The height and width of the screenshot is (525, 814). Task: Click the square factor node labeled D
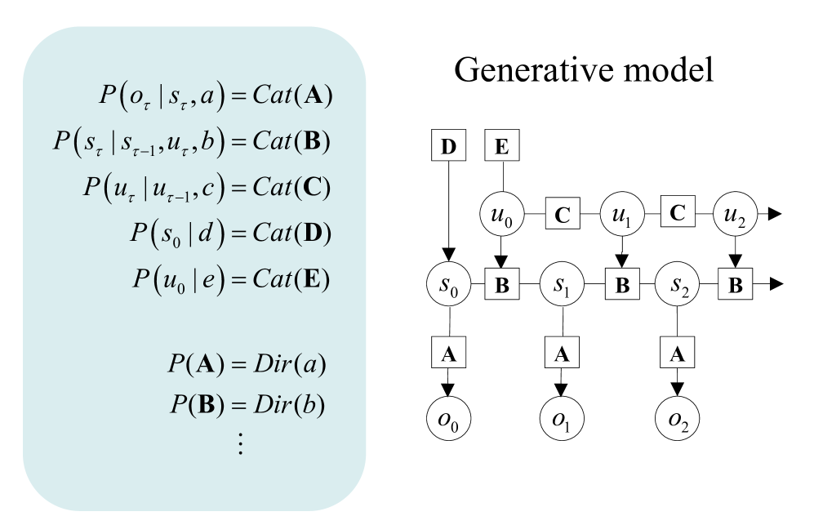coord(448,147)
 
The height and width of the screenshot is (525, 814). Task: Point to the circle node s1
coord(561,285)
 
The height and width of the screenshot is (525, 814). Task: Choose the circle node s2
coord(676,285)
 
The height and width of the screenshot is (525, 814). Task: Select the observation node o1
coord(561,421)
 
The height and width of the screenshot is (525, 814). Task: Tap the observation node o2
coord(676,421)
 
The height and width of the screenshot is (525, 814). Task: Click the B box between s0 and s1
coord(503,285)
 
